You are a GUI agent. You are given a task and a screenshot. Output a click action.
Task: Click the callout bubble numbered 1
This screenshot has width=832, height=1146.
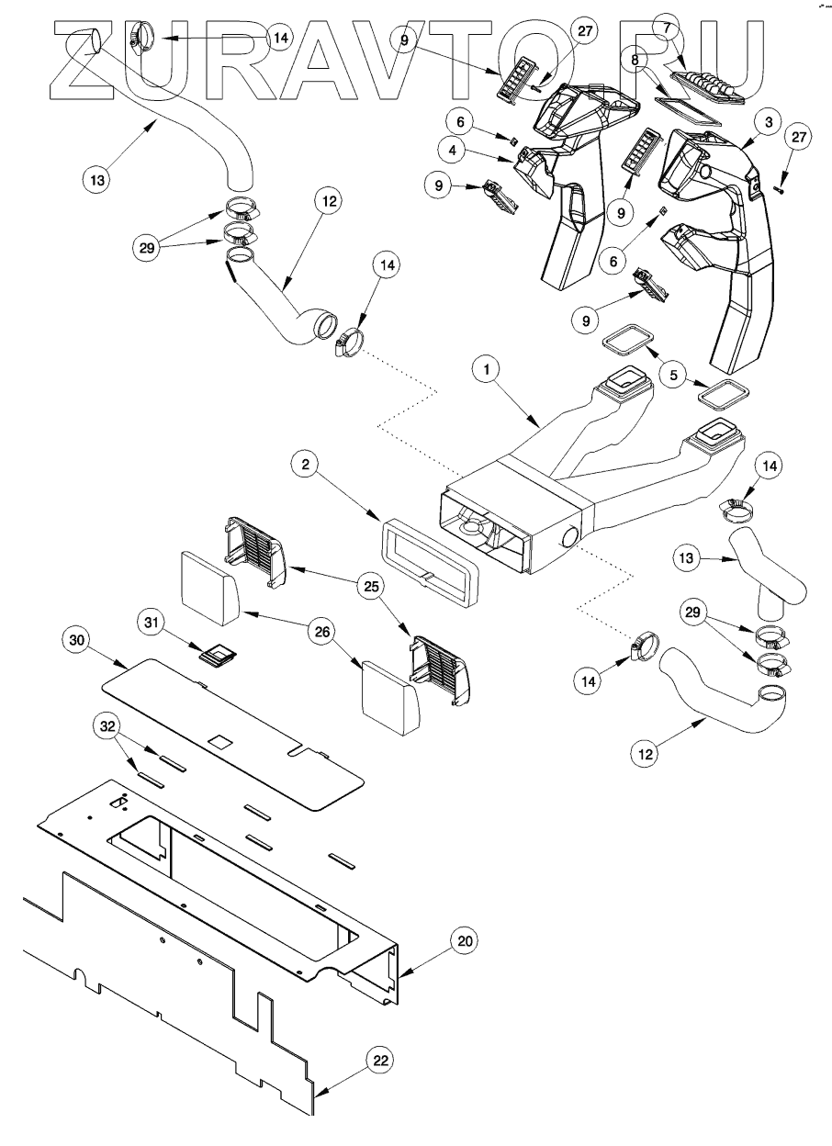[x=487, y=369]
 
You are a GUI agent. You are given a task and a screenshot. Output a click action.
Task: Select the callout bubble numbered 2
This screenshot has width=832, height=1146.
[x=306, y=465]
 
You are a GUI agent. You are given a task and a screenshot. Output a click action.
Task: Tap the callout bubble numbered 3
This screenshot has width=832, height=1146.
[x=769, y=122]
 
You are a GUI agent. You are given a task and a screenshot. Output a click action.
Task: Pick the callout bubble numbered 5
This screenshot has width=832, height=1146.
[x=673, y=375]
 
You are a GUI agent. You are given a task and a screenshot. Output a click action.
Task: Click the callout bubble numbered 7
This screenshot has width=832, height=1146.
[x=666, y=28]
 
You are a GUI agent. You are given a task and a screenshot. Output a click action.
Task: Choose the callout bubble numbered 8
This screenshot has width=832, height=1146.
[x=635, y=60]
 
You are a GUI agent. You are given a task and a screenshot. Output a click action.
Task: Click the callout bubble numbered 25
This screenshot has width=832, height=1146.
[x=372, y=586]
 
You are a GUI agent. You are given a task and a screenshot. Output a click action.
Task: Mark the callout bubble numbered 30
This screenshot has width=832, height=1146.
[x=76, y=641]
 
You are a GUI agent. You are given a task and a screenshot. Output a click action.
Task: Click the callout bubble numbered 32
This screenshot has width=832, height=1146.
[x=107, y=726]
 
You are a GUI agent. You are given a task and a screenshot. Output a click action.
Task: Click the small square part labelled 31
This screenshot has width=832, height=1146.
[x=219, y=656]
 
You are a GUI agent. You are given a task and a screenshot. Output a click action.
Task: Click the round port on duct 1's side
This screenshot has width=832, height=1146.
[x=569, y=537]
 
